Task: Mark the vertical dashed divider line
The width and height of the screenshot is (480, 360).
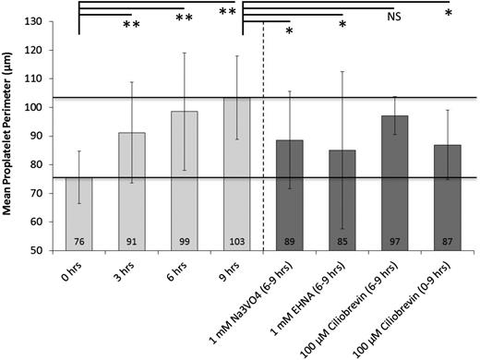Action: [x=264, y=138]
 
